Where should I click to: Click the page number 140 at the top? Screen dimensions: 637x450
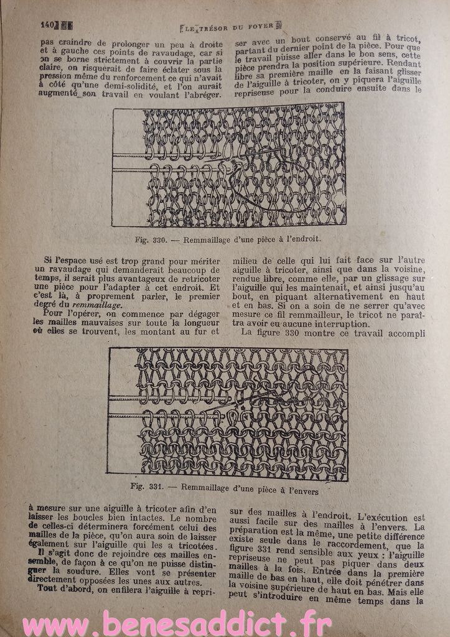(x=47, y=25)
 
